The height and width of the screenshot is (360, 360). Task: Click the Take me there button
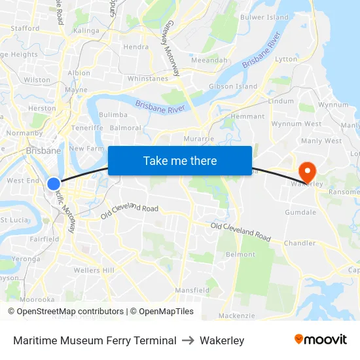(x=180, y=161)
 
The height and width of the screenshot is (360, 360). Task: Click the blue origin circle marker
(x=54, y=184)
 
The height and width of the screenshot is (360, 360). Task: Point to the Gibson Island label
(x=233, y=86)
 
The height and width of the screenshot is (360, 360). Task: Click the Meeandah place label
(x=209, y=60)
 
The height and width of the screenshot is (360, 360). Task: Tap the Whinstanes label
(x=148, y=79)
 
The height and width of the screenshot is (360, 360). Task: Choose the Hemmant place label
(x=248, y=117)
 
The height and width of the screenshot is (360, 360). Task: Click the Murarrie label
(x=199, y=139)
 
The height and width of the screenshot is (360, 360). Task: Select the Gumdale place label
(x=300, y=212)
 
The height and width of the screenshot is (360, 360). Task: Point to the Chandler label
(x=299, y=243)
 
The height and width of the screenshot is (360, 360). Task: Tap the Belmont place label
(x=240, y=254)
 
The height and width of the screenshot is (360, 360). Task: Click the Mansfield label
(x=192, y=290)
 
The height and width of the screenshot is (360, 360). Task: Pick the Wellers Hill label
(x=94, y=270)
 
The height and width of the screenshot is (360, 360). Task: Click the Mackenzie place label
(x=236, y=315)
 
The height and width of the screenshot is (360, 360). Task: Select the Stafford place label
(x=25, y=28)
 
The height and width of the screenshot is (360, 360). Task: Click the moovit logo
(x=321, y=340)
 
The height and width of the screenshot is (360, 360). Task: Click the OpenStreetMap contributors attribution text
(x=70, y=312)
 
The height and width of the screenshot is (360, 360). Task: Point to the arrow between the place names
(x=188, y=340)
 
